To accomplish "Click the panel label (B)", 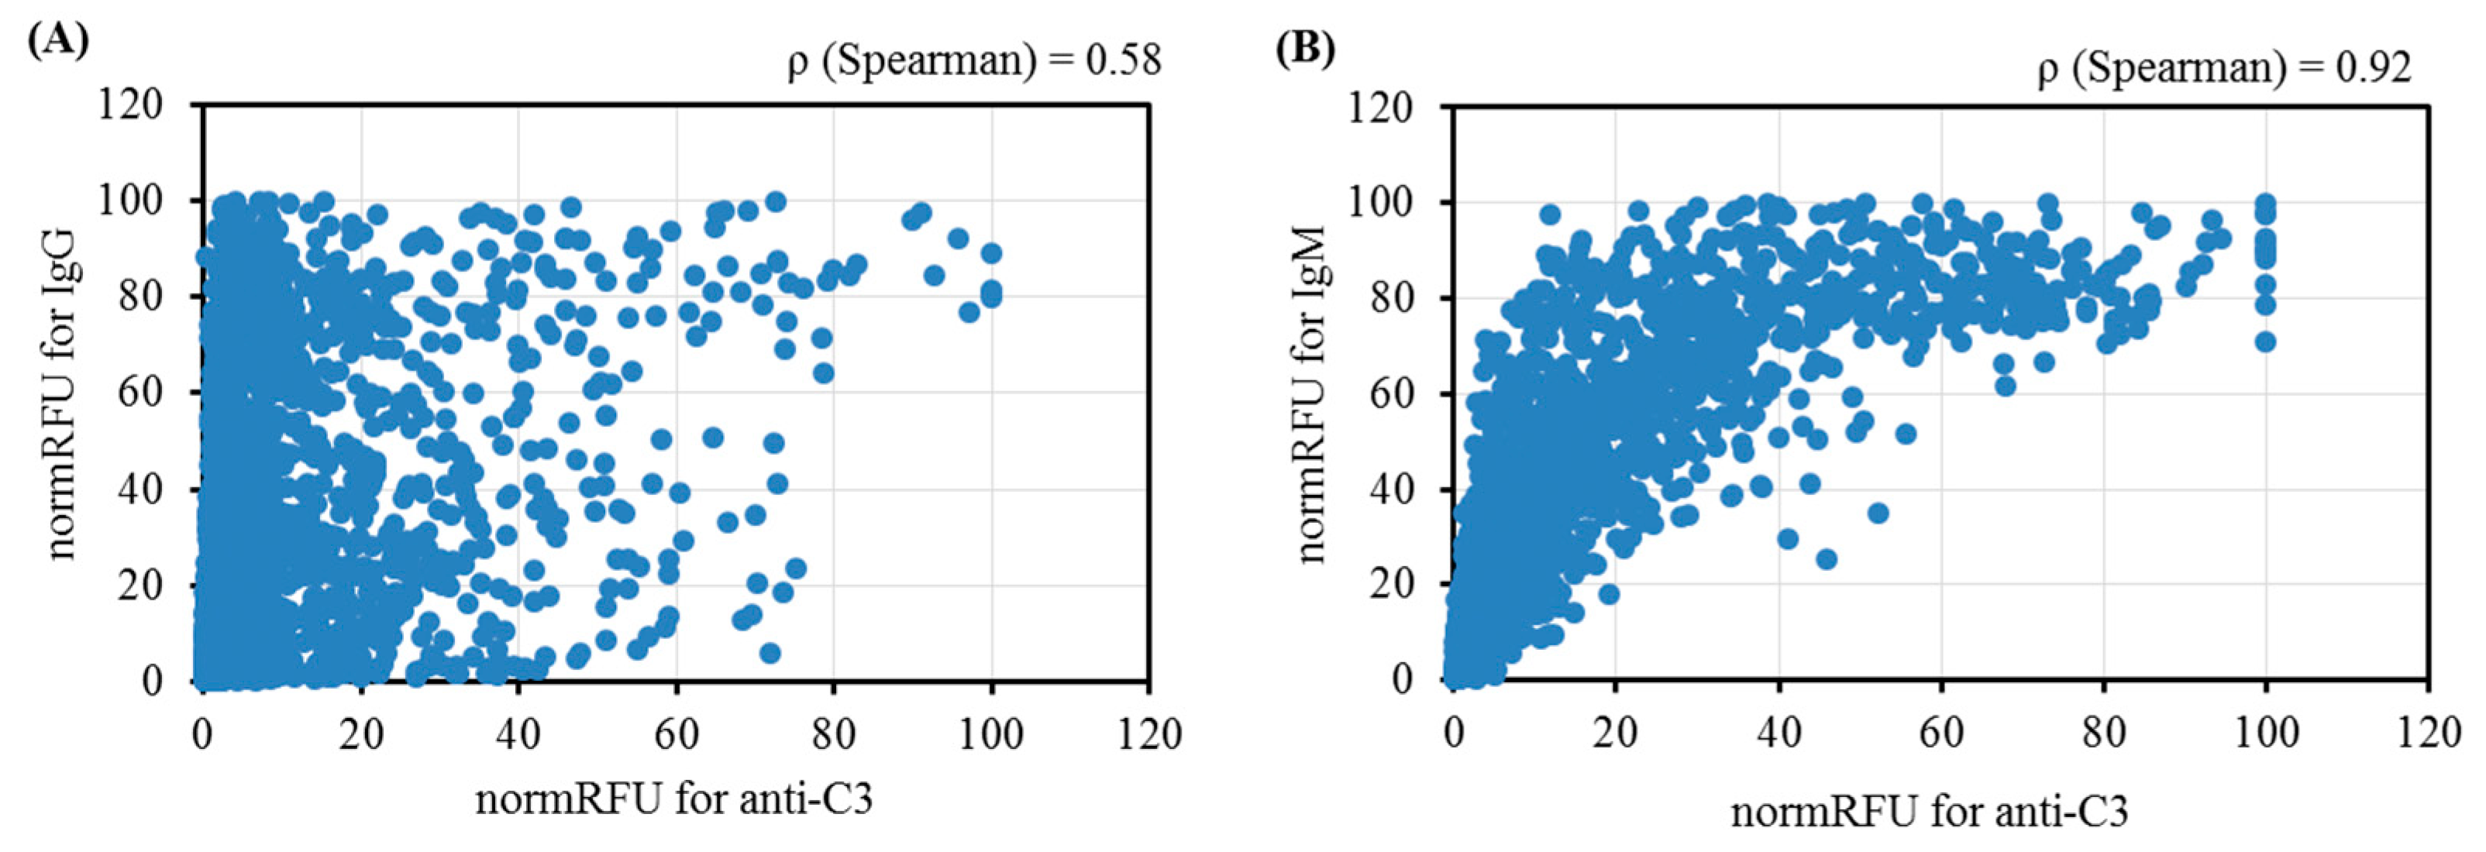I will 1306,47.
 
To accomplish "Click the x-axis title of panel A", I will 673,799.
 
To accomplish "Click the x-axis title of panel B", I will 1929,812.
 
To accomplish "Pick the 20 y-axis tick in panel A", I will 141,585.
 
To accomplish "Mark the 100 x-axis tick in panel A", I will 991,734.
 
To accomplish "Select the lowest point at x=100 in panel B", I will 2265,342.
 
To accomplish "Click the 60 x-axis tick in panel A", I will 676,734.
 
